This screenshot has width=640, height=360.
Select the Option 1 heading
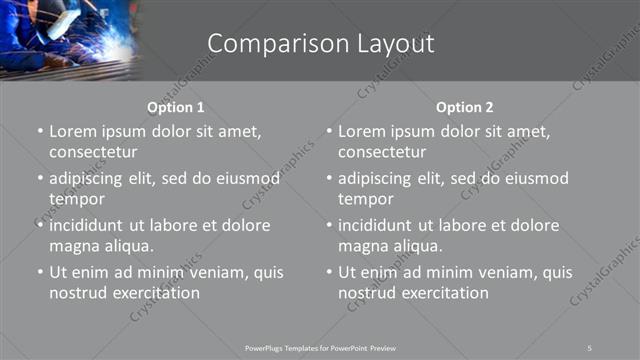point(176,107)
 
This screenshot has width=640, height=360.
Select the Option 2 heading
point(465,107)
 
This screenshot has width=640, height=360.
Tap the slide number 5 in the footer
point(590,347)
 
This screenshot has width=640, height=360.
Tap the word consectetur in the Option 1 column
point(92,153)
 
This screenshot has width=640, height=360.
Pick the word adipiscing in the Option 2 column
point(377,178)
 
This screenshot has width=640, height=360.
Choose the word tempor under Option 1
point(72,199)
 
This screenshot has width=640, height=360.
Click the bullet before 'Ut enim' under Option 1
point(39,272)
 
